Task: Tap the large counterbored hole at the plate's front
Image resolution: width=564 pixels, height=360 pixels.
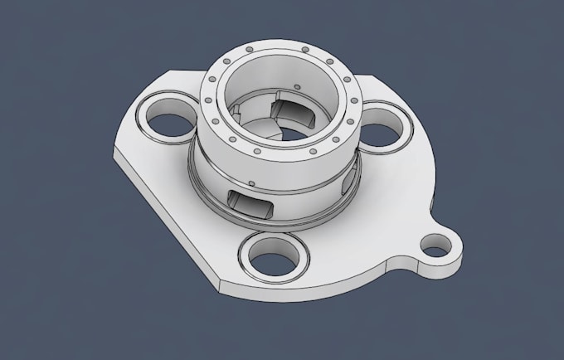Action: [x=271, y=257]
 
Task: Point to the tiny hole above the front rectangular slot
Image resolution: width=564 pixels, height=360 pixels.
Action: [x=250, y=182]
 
